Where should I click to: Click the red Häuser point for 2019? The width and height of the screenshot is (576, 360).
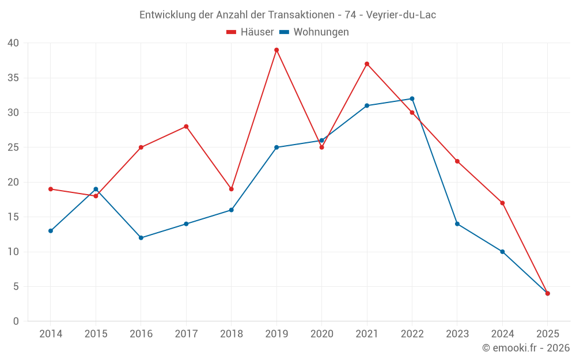tap(276, 50)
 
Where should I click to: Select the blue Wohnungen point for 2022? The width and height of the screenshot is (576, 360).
tap(412, 98)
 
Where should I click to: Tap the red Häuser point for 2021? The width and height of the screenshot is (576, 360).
tap(367, 64)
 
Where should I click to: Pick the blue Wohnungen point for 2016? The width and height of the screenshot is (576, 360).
tap(141, 238)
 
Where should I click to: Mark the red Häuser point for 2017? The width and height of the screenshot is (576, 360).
tap(186, 127)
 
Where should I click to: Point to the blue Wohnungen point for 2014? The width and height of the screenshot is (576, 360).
tap(51, 231)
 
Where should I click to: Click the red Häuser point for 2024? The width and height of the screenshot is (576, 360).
tap(502, 203)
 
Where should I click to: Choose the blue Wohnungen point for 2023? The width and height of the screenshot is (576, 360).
tap(457, 224)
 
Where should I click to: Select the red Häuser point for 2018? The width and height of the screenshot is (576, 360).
tap(231, 189)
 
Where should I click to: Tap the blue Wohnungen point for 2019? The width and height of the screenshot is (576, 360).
tap(276, 147)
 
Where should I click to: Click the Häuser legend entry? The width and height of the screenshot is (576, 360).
tap(251, 32)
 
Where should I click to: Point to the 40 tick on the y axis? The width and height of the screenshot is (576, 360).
tap(13, 43)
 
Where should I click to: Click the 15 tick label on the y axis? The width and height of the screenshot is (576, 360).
tap(13, 217)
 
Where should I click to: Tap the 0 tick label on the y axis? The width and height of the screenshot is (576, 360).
tap(16, 321)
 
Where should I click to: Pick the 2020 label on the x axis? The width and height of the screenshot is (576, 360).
tap(321, 334)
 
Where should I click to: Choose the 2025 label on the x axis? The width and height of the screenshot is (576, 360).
tap(547, 334)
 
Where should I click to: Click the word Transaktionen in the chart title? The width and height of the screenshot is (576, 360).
tap(300, 15)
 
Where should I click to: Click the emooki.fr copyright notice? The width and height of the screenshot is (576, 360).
tap(526, 348)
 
